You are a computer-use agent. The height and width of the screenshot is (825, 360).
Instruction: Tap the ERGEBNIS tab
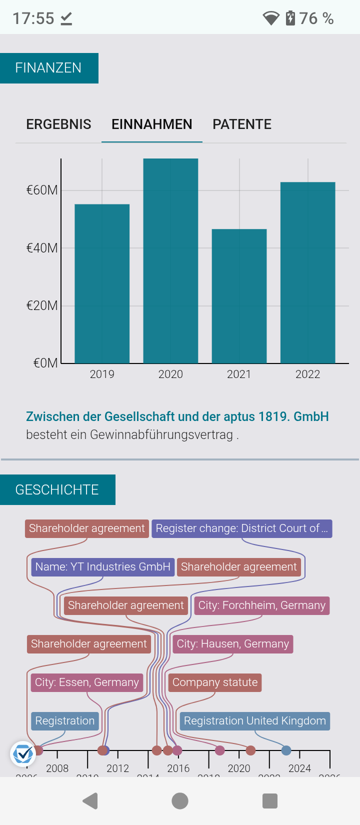coord(58,124)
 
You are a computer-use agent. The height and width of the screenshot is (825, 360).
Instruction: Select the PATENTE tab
coord(242,124)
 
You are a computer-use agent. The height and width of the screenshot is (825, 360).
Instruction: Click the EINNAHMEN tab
coord(151,124)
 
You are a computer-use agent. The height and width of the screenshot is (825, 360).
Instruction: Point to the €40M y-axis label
coord(42,248)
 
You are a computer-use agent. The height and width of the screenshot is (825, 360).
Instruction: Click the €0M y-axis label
coord(45,363)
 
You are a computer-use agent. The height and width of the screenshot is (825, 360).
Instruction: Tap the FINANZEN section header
coord(48,68)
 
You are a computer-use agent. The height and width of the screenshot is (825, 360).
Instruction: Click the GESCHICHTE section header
coord(57,489)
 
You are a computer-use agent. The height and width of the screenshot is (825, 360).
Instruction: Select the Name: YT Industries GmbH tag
coord(103,567)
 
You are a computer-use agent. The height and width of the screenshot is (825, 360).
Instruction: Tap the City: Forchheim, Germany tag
coord(261,605)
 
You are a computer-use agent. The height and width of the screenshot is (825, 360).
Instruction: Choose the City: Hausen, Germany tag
coord(233,644)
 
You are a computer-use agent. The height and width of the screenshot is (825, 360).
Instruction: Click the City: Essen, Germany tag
coord(86,682)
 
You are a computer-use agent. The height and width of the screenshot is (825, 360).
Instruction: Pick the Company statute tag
coord(215,682)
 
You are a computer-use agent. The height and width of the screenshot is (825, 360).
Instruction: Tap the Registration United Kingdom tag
coord(254,721)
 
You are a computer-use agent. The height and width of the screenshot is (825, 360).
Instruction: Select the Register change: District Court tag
coord(242,528)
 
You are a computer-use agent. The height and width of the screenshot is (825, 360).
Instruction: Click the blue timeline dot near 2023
coord(286,750)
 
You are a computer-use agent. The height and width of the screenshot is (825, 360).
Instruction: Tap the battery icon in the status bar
coord(290,18)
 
